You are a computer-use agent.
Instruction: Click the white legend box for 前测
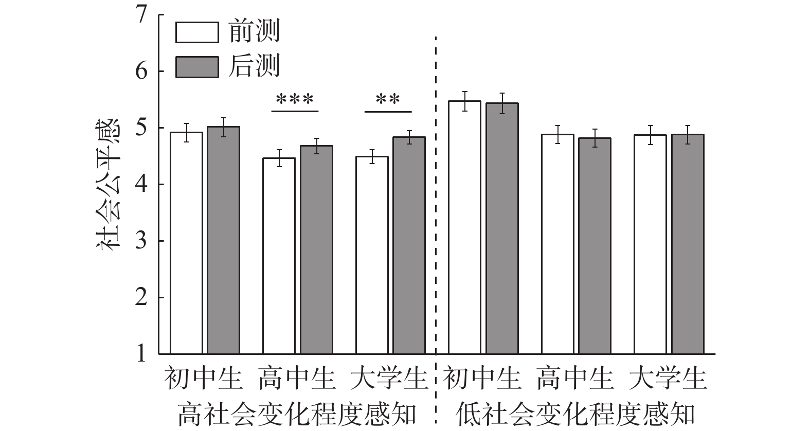click(197, 32)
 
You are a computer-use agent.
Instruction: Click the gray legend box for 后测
click(197, 66)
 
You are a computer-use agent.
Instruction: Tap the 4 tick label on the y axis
click(141, 184)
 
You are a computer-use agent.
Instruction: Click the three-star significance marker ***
click(295, 99)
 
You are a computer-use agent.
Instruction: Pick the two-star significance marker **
click(388, 99)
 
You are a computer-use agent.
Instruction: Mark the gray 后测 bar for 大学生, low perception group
click(688, 244)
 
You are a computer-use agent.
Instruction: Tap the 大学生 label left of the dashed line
click(389, 379)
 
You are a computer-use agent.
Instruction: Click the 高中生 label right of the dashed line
click(575, 379)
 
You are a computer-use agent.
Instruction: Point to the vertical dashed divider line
click(436, 206)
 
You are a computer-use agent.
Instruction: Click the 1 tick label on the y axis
click(141, 354)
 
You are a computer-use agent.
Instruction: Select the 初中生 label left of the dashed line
click(204, 379)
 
